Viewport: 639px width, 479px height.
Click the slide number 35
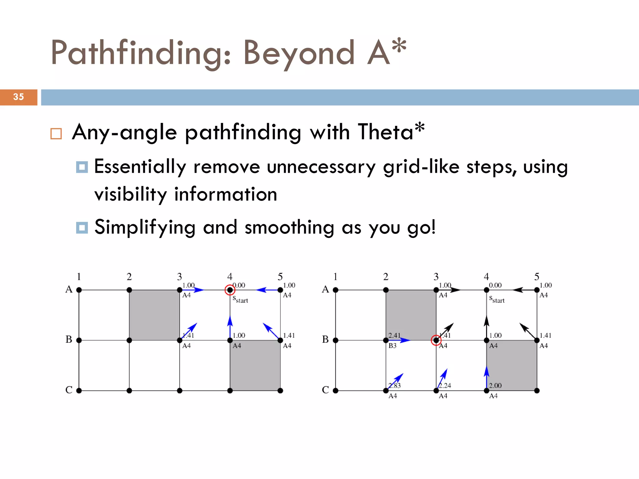[18, 97]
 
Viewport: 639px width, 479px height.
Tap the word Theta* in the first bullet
[391, 132]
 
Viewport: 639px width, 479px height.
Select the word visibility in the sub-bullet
[130, 194]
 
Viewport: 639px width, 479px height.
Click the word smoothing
[289, 227]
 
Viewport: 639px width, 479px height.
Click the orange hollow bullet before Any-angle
[56, 134]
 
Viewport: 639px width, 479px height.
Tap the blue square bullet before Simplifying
[82, 228]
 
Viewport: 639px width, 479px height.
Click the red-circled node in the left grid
[230, 290]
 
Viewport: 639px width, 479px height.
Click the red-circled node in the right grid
[436, 340]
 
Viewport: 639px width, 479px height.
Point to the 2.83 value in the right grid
[394, 385]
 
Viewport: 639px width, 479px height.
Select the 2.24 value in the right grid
[445, 385]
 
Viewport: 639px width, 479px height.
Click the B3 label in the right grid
[393, 346]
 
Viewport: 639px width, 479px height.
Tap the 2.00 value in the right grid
[495, 385]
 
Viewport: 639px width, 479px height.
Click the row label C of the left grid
[69, 390]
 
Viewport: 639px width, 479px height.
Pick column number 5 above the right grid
[537, 277]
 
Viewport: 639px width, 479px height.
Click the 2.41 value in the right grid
[394, 335]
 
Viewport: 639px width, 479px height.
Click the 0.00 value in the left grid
[239, 285]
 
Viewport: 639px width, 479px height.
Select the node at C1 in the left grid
[79, 390]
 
